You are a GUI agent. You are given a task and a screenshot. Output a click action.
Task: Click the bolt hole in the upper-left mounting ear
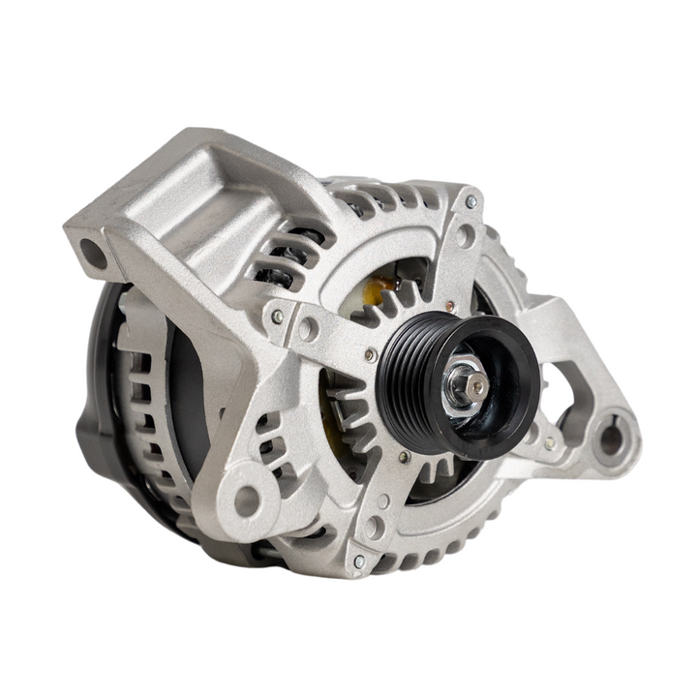[94, 256]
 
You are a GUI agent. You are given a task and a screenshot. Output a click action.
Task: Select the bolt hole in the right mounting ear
[611, 439]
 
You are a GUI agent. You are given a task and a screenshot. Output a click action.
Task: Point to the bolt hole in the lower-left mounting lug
[247, 500]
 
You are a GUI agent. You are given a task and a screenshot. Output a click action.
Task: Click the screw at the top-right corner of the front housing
[471, 202]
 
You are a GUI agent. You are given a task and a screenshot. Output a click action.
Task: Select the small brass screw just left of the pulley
[371, 355]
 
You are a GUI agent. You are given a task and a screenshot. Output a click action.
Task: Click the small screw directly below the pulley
[404, 455]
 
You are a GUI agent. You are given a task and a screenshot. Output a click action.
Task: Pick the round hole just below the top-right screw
[466, 235]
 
